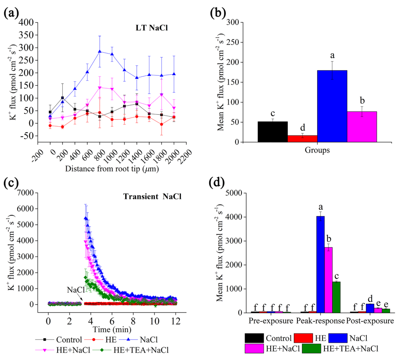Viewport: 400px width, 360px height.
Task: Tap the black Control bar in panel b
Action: (x=273, y=132)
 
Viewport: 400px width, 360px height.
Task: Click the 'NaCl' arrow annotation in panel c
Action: (x=76, y=290)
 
